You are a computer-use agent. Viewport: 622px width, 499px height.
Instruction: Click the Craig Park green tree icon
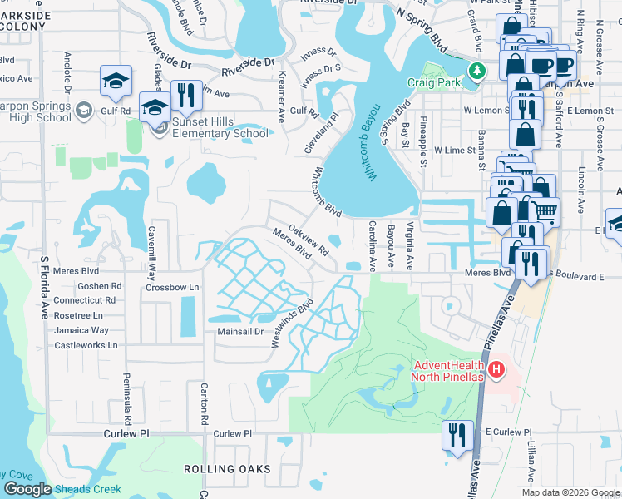click(x=476, y=70)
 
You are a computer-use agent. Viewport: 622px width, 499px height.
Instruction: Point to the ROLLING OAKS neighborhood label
click(x=227, y=469)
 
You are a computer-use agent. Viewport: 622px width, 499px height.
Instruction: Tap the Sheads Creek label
click(x=89, y=489)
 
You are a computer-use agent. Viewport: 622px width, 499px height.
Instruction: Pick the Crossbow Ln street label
click(x=173, y=287)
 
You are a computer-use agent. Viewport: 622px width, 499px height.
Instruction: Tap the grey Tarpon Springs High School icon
click(x=83, y=110)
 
